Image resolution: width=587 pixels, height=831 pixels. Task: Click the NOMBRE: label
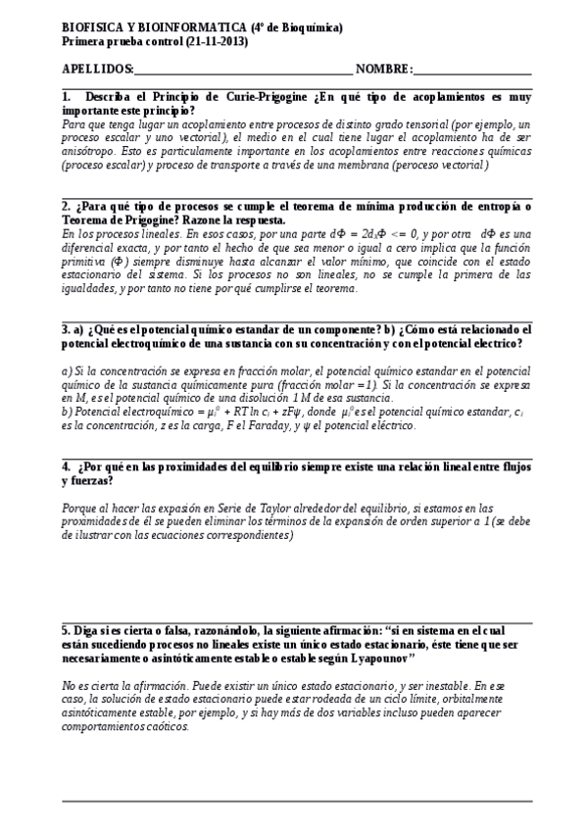point(385,69)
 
